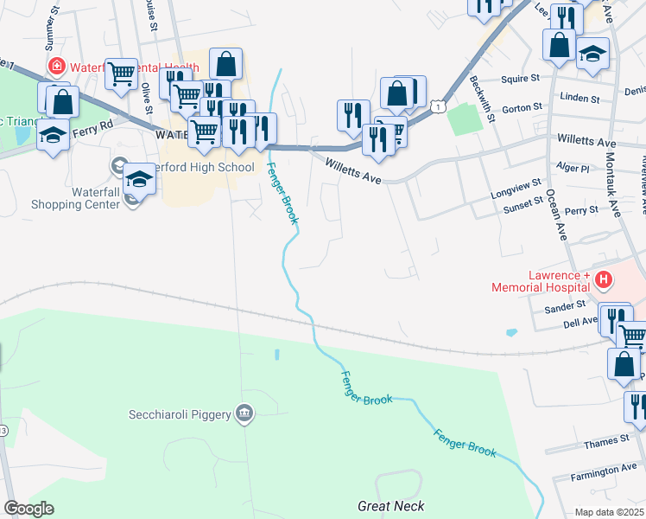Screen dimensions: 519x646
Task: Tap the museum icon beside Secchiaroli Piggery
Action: (246, 413)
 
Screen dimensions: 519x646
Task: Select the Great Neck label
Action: (391, 506)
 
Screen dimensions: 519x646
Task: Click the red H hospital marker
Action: (604, 279)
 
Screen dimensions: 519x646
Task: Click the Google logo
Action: (28, 509)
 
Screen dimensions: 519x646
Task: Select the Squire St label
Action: (523, 76)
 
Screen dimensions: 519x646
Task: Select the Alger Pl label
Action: (573, 168)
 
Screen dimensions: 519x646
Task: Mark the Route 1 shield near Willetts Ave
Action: (438, 106)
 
